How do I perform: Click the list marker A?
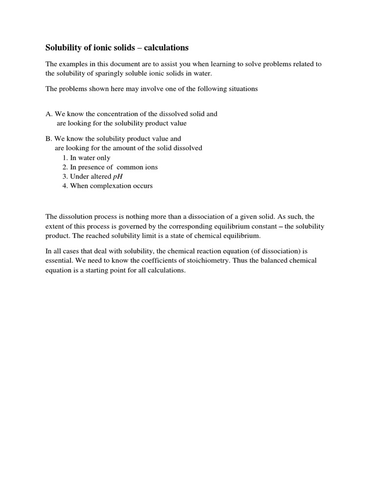click(x=48, y=114)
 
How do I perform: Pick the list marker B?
click(x=48, y=139)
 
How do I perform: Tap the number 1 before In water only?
click(x=65, y=158)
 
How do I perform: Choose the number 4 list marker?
click(x=65, y=186)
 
